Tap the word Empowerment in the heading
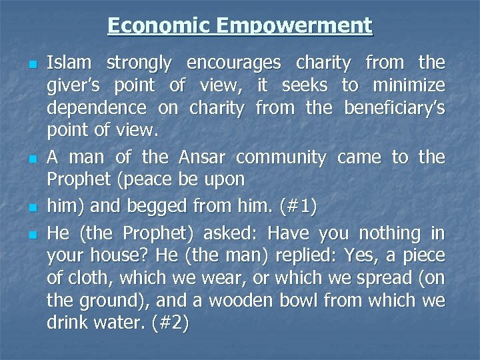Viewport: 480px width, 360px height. (294, 25)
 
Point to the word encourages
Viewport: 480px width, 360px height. (234, 63)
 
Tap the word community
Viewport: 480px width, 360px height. (281, 158)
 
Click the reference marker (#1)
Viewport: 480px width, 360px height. (291, 207)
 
